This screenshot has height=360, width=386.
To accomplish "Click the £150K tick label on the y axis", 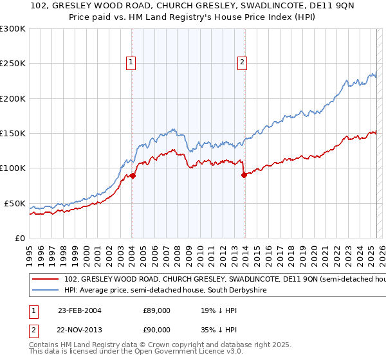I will (x=12, y=133).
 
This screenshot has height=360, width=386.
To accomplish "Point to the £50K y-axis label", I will (x=14, y=203).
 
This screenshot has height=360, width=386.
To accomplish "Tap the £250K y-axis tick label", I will (x=12, y=64).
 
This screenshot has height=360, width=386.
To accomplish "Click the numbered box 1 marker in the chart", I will (x=131, y=62).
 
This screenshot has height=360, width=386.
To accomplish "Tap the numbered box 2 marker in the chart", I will (x=242, y=62).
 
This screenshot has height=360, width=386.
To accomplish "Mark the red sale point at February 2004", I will (x=133, y=175).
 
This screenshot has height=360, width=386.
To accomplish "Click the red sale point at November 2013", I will (x=244, y=175).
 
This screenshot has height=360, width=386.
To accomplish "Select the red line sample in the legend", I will (x=45, y=280).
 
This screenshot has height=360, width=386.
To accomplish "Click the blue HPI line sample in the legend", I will (x=45, y=291).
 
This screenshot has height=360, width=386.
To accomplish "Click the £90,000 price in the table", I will (x=156, y=329).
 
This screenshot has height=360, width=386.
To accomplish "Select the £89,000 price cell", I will (x=156, y=310).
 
